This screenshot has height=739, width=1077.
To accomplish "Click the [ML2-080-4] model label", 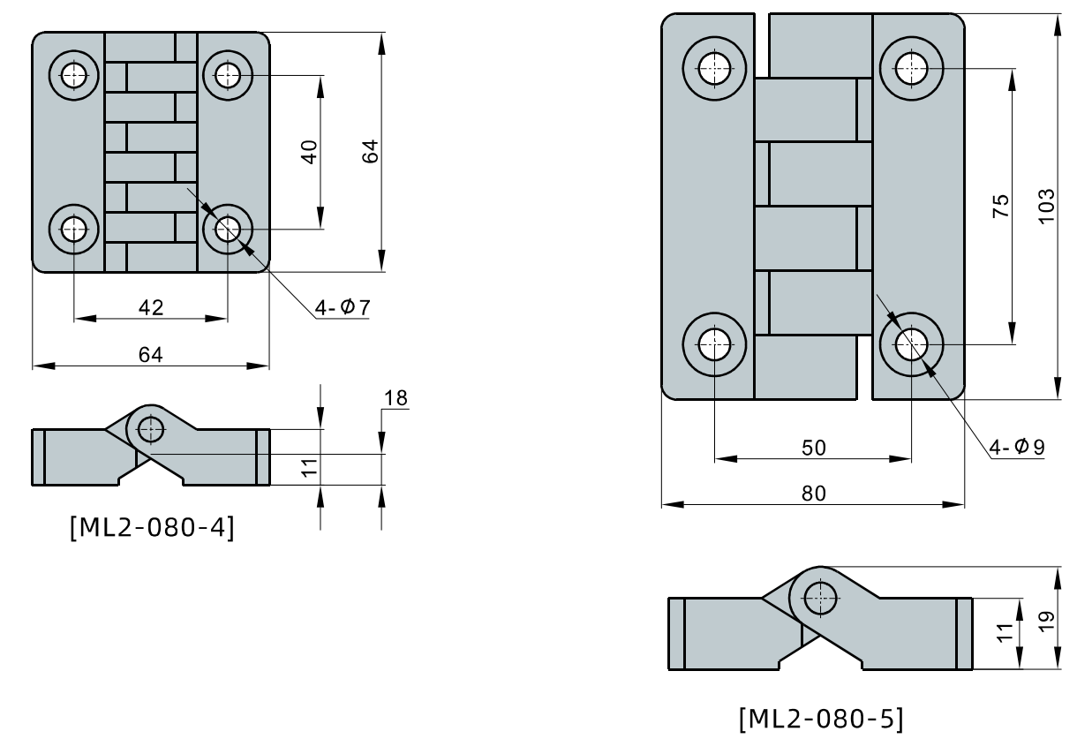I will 151,530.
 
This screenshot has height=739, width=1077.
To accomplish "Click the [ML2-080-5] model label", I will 820,720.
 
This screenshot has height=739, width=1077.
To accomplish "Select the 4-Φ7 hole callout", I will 343,307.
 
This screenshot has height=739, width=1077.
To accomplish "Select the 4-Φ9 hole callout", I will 1015,447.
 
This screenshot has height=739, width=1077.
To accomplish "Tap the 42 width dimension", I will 151,306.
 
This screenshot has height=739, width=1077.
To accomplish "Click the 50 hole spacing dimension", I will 813,447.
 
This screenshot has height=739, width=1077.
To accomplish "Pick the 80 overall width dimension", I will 813,494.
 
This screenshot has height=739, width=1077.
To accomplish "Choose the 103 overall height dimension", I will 1046,206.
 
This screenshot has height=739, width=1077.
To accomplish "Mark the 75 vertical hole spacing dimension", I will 999,206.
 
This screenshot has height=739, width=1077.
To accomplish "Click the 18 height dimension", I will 396,399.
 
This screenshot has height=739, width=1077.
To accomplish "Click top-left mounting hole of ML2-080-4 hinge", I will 74,75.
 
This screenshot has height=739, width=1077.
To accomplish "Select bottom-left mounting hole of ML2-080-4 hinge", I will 74,230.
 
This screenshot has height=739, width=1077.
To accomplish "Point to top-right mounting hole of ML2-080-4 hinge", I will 228,75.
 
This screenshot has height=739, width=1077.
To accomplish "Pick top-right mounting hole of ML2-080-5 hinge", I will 910,65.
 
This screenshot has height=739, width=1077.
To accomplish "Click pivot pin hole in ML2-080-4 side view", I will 151,430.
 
